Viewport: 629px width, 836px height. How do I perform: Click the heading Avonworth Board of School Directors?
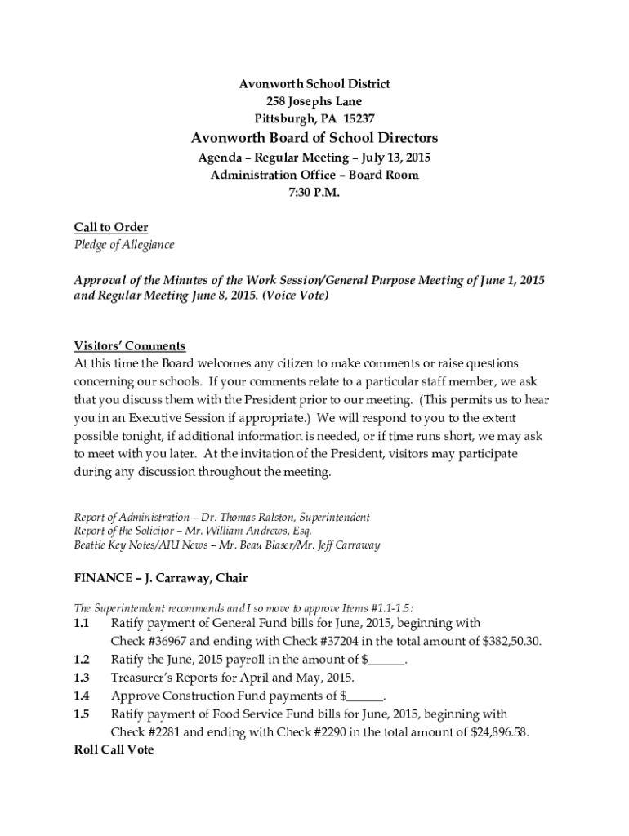pos(314,137)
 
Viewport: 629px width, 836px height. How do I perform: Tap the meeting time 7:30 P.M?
pos(314,193)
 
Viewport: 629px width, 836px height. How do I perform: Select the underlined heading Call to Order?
pos(111,227)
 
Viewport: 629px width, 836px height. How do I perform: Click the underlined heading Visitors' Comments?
pos(130,345)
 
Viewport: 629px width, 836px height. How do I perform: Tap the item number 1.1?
pos(81,623)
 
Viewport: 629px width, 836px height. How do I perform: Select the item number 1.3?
pos(81,678)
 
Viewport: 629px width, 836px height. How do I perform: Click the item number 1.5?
pos(81,714)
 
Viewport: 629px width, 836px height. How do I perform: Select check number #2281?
pos(163,732)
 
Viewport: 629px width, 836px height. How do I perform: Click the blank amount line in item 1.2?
pos(388,660)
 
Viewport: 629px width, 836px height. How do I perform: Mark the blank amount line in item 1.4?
pos(365,696)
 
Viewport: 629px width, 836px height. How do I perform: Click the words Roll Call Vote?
pos(114,749)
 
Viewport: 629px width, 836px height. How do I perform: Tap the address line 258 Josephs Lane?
pos(314,101)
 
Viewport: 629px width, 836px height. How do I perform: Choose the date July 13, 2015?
pos(391,157)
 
